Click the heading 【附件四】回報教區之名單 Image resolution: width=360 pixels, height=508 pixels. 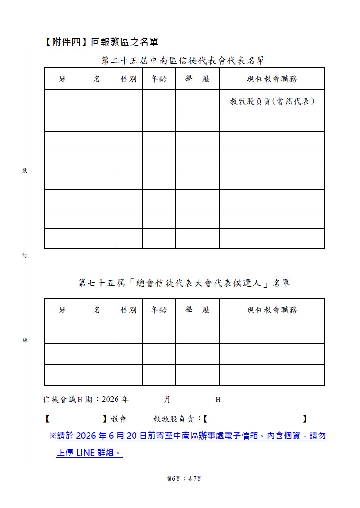(x=101, y=43)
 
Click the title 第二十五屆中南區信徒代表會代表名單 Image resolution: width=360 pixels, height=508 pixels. (x=183, y=61)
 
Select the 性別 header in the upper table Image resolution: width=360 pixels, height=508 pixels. (x=128, y=79)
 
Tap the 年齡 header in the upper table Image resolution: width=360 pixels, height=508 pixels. (x=159, y=79)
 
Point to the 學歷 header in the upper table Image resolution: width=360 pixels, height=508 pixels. (x=197, y=79)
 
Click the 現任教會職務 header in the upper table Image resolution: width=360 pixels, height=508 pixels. (x=272, y=79)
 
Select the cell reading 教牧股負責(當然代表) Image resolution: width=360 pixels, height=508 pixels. (x=272, y=101)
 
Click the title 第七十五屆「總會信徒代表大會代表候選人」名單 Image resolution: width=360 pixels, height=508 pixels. (x=184, y=284)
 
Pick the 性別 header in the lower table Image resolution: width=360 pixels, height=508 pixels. (x=128, y=310)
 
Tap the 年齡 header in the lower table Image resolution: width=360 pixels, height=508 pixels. (x=159, y=310)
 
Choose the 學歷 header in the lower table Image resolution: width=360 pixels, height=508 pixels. (x=197, y=310)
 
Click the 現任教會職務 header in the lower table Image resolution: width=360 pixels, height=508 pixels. (x=272, y=310)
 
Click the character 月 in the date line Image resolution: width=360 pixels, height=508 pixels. (x=167, y=400)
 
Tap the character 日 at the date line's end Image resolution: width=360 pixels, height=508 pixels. (x=218, y=400)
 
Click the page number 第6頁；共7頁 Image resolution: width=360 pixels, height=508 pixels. (x=184, y=479)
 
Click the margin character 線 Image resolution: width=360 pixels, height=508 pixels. (x=25, y=340)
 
